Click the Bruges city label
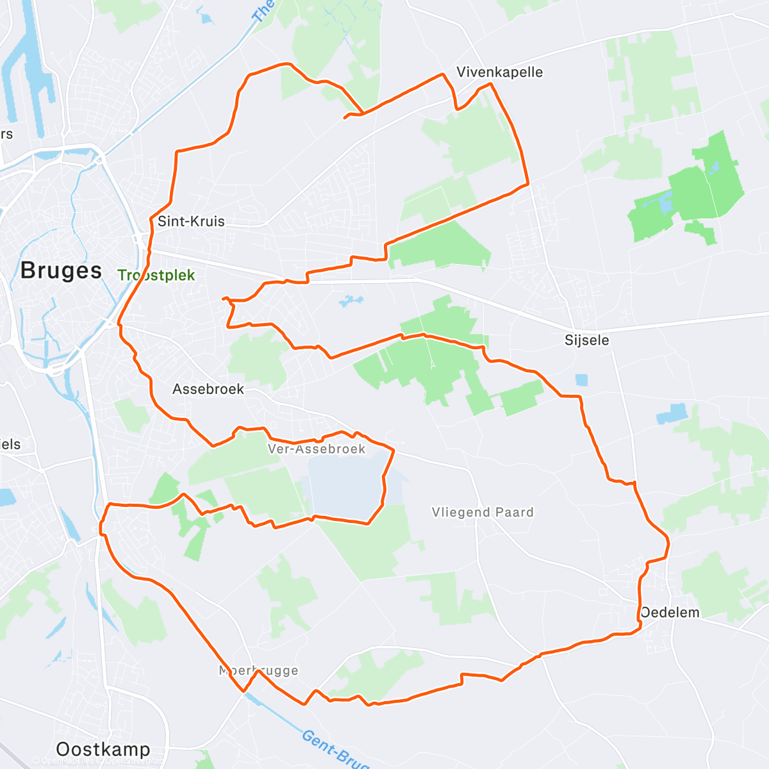(61, 270)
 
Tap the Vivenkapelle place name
(499, 72)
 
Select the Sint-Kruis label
(191, 222)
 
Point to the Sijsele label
(586, 340)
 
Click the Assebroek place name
(208, 389)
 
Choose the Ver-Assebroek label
(317, 449)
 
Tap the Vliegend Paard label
(482, 512)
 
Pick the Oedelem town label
(670, 613)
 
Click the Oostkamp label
(103, 748)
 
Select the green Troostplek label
(156, 276)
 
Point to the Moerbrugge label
(259, 671)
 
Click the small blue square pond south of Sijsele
(581, 379)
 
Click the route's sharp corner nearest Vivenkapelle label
(442, 74)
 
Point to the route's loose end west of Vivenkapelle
(345, 118)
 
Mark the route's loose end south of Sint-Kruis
(223, 299)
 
